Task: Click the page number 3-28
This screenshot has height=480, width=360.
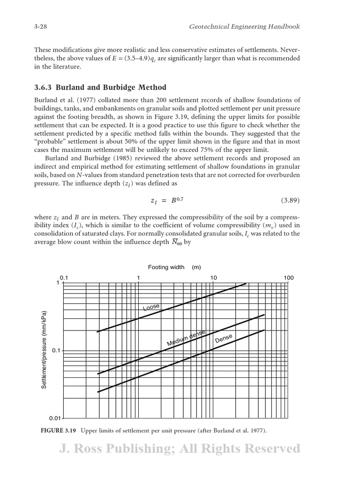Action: (x=42, y=27)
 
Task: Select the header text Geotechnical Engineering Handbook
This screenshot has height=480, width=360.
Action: (x=244, y=27)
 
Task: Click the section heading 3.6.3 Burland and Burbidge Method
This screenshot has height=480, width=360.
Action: (x=100, y=88)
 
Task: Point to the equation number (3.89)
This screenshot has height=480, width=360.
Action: (x=290, y=200)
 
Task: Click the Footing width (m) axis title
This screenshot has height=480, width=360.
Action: (x=174, y=267)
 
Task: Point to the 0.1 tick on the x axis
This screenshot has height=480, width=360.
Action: (x=64, y=277)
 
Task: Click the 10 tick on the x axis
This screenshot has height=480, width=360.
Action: (x=213, y=277)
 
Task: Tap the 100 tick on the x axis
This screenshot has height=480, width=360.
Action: (x=288, y=277)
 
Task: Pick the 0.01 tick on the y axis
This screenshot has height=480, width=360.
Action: (x=56, y=418)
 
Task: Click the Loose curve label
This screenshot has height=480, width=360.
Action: (x=151, y=307)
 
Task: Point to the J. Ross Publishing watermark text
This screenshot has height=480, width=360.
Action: (x=180, y=449)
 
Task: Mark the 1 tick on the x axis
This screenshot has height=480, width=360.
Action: (x=138, y=277)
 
